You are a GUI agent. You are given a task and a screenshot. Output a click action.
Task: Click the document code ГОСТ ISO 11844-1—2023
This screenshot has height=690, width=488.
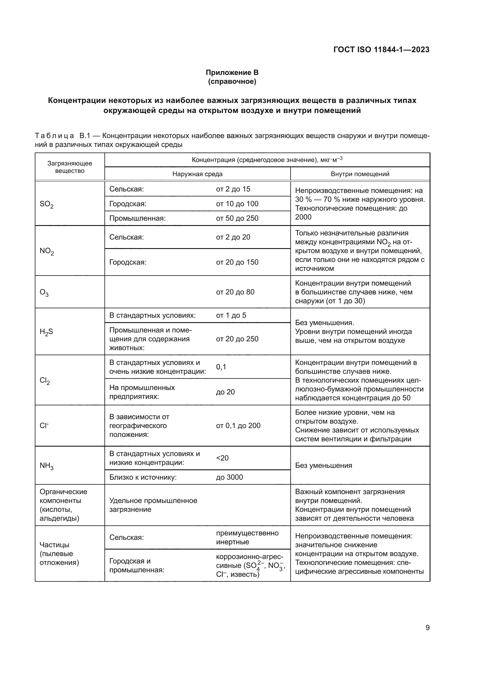[381, 50]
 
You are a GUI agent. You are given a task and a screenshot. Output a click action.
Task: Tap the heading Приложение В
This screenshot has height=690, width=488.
[232, 73]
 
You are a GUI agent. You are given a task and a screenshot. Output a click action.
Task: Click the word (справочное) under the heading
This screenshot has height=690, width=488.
[232, 81]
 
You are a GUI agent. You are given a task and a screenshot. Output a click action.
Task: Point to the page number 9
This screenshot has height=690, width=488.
[427, 627]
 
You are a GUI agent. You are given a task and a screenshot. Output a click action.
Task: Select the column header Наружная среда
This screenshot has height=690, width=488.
[197, 174]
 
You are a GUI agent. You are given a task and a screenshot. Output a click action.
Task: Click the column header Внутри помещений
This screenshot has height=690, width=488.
[360, 174]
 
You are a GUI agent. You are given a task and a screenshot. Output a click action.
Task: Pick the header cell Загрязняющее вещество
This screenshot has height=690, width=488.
[70, 167]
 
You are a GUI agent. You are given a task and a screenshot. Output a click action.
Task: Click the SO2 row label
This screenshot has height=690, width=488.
[47, 204]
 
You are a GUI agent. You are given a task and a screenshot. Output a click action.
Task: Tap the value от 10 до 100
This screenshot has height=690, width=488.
[237, 204]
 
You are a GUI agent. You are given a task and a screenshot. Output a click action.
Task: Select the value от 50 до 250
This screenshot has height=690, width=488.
[237, 218]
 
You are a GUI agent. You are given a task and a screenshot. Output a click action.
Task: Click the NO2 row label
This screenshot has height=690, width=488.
[47, 251]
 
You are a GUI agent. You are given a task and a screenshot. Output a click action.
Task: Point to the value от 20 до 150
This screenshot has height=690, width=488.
[237, 262]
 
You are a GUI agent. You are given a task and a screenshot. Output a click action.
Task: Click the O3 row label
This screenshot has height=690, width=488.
[44, 292]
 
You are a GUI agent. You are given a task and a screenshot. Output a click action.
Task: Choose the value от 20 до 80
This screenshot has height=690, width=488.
[235, 292]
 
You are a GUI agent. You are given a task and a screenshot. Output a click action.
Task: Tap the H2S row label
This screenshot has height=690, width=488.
[46, 332]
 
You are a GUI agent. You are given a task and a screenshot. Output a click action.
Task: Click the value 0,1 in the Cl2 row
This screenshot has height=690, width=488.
[221, 367]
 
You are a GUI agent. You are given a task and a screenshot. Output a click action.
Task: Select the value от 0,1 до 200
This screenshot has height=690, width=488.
[238, 426]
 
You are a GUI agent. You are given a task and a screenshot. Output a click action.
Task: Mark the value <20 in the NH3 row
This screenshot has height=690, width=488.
[222, 458]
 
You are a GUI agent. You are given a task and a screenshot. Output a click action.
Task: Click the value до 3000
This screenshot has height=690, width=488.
[229, 477]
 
